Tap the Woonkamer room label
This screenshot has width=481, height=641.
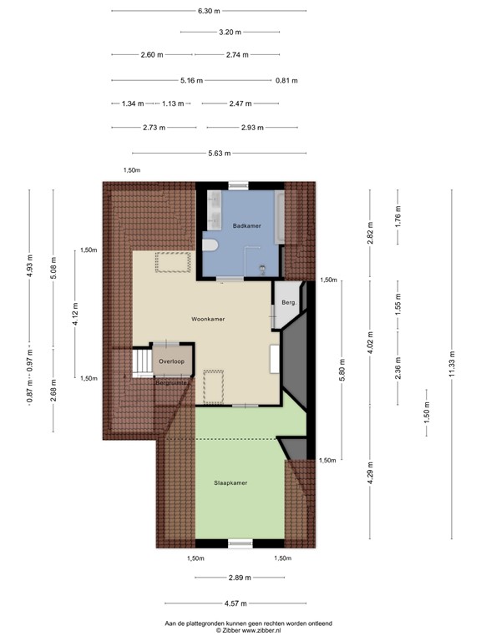208,319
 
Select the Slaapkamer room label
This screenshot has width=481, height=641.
230,482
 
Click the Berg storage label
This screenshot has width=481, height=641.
288,302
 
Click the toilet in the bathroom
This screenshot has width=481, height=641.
210,245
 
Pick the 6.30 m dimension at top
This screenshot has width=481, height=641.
210,11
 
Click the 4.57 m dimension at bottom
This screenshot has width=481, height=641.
236,603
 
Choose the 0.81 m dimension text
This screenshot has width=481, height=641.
286,81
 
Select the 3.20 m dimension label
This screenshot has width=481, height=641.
230,33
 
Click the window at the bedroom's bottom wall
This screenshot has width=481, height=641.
240,543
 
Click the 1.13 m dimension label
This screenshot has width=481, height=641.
173,104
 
